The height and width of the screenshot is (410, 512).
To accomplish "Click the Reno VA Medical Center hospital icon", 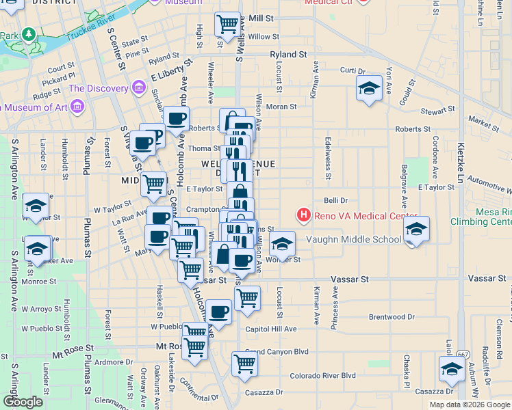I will [x=303, y=216].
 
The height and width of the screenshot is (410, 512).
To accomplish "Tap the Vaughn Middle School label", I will [x=353, y=239].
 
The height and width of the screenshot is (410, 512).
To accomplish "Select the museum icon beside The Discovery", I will [x=139, y=88].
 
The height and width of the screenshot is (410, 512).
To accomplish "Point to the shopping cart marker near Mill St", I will [x=228, y=25].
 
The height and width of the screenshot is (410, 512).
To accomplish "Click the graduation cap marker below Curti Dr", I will [x=369, y=88].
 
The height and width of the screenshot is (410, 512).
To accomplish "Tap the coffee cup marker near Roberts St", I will [x=176, y=118].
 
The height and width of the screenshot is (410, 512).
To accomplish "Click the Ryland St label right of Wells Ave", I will [x=288, y=54].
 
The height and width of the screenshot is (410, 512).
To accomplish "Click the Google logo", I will [x=22, y=402].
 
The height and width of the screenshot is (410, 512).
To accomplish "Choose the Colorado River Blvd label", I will [x=322, y=375].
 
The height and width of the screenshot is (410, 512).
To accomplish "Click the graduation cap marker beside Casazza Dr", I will [x=452, y=369].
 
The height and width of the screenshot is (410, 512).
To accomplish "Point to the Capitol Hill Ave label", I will [x=271, y=329].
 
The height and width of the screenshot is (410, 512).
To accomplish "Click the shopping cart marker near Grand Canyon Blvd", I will [x=244, y=364].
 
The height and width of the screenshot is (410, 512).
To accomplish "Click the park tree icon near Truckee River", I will [x=29, y=33].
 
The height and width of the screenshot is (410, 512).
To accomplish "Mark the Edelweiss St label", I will [x=328, y=165].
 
